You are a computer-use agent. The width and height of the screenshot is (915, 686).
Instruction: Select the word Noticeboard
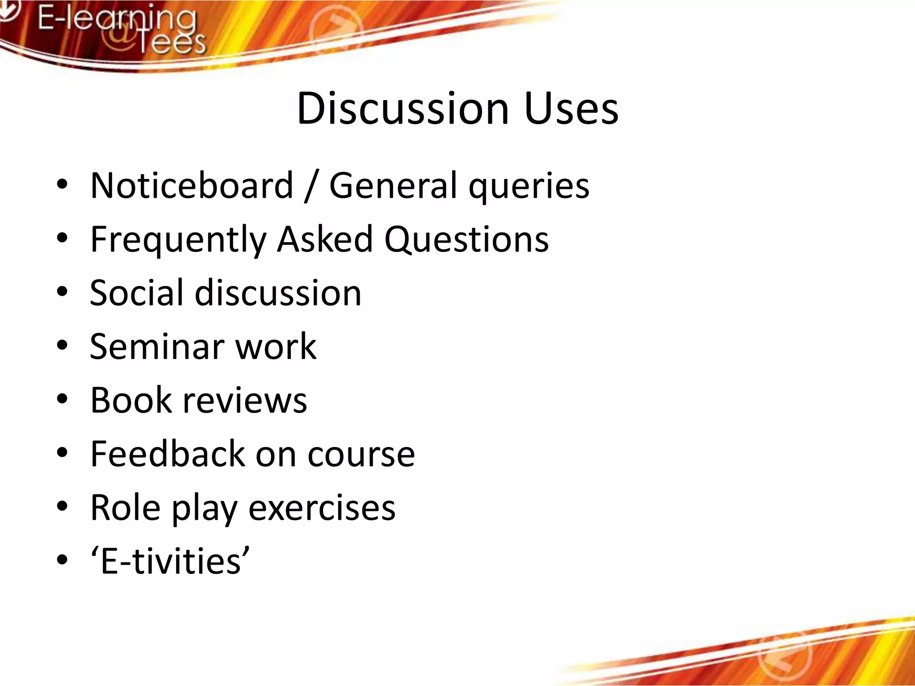click(192, 185)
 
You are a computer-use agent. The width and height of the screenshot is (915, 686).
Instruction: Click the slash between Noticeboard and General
click(311, 187)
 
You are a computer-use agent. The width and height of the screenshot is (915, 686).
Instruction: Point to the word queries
click(529, 187)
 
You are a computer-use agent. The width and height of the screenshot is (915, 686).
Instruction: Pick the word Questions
click(466, 239)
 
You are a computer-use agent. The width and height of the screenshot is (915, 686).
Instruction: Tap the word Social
click(137, 293)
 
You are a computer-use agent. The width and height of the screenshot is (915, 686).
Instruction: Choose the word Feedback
click(167, 454)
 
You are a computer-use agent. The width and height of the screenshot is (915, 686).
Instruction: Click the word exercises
click(322, 508)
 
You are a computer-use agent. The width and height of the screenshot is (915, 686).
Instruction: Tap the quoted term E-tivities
click(170, 561)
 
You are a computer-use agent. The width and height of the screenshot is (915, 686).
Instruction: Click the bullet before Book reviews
click(62, 399)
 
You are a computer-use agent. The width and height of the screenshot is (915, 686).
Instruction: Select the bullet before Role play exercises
click(62, 506)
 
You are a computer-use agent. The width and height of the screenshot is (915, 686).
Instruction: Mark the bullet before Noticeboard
click(62, 184)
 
